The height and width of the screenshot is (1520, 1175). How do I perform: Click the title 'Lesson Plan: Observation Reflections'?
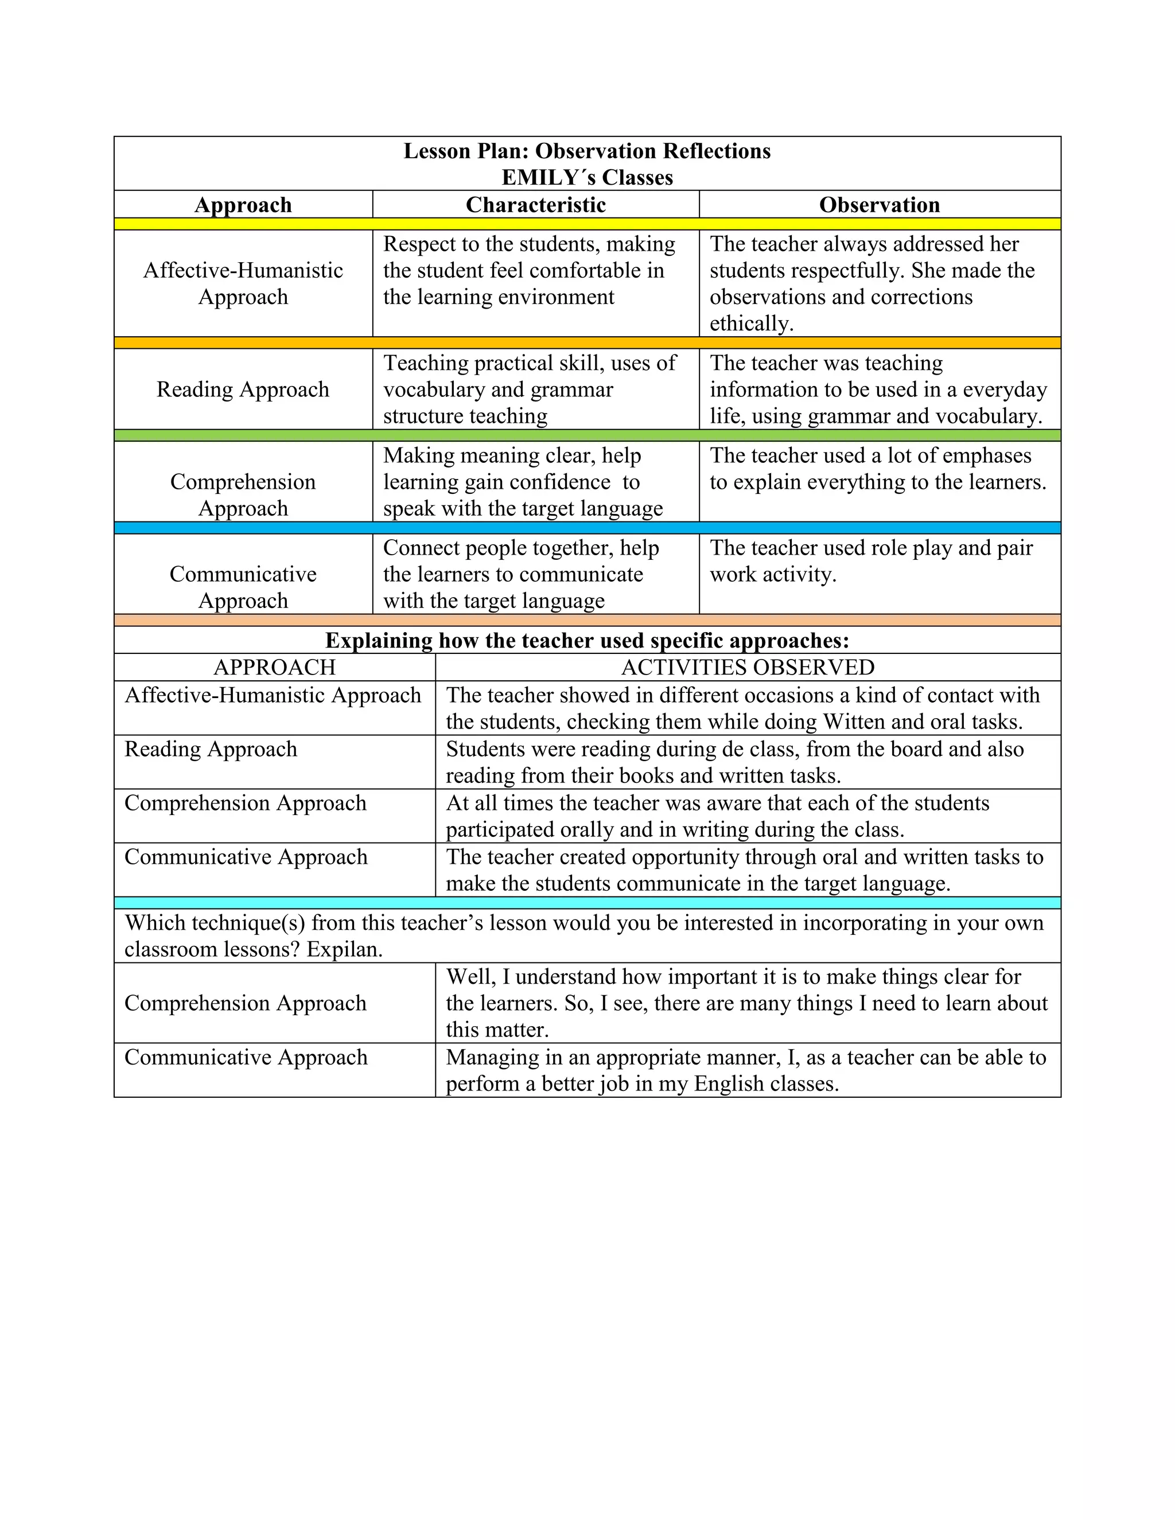587,151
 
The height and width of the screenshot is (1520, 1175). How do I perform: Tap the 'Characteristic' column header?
535,205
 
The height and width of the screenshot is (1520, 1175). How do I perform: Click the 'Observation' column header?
879,205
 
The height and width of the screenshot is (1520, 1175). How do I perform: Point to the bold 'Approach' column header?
243,205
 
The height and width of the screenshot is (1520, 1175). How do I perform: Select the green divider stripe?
587,435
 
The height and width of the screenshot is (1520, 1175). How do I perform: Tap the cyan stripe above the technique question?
587,903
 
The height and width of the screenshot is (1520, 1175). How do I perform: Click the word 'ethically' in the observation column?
750,324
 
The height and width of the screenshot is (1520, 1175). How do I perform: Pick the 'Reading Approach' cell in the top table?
243,389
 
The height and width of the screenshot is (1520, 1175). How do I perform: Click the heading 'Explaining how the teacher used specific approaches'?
587,640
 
